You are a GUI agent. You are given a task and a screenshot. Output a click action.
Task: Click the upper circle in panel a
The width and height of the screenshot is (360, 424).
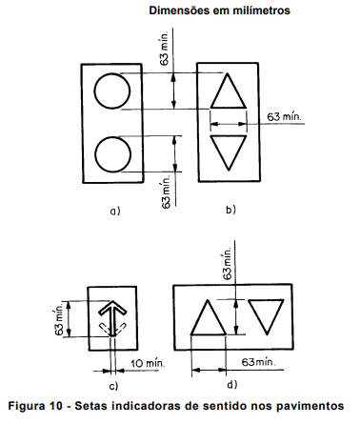pos(94,91)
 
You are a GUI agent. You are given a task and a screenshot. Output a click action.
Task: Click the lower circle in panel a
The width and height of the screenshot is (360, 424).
pos(95,154)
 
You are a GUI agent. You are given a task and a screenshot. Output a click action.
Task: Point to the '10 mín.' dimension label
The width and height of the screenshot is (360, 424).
pos(148,363)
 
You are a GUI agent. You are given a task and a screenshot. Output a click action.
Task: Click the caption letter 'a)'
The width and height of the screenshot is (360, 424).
pos(115,211)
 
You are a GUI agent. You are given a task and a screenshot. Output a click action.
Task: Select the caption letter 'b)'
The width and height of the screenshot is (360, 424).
pos(230,210)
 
